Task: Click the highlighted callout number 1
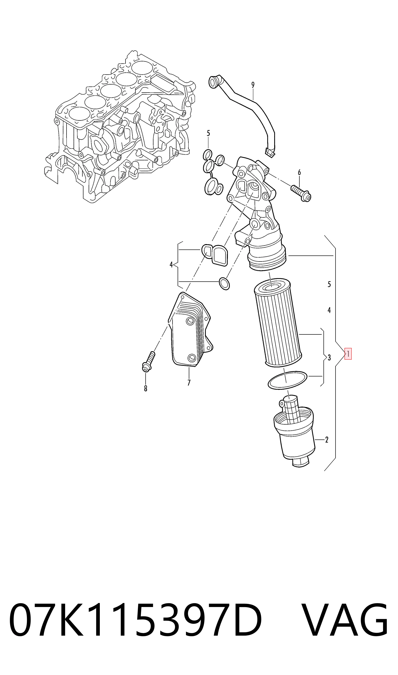[348, 354]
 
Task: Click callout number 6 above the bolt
[299, 172]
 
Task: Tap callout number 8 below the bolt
[146, 388]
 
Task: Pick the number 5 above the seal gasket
[208, 133]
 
